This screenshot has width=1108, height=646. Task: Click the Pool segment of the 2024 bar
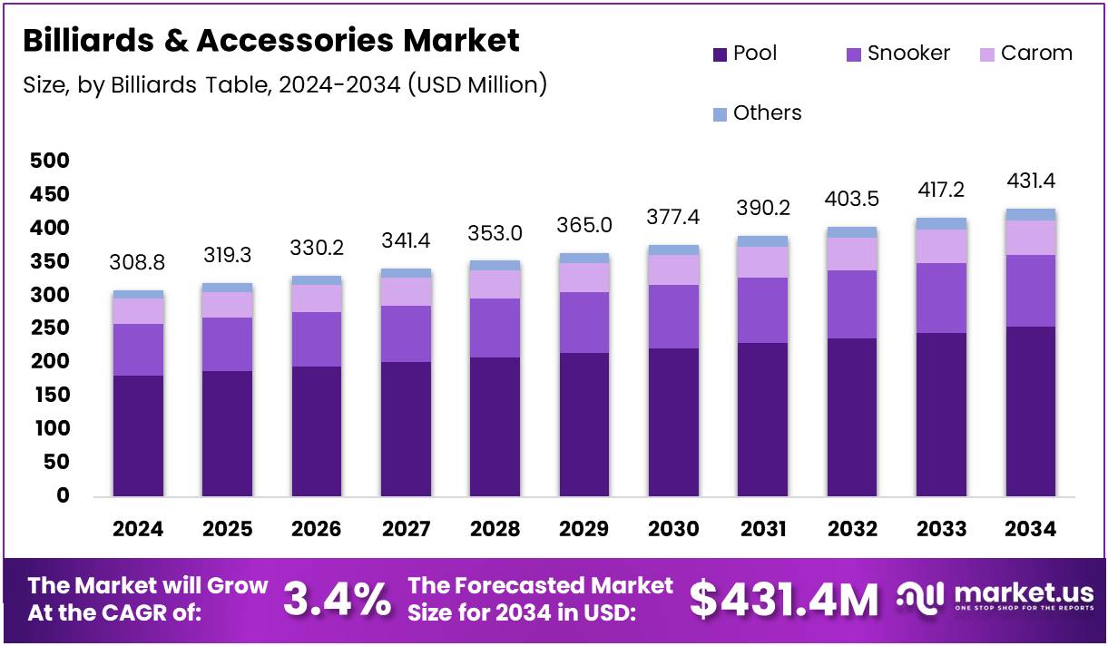138,436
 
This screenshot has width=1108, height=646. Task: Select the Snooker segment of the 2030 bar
674,317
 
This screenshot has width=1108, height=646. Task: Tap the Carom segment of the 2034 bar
1031,238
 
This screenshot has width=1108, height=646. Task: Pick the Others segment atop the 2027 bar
406,273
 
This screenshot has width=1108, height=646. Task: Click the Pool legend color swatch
720,54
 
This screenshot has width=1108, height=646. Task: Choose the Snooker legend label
908,54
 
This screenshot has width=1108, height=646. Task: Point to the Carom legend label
1036,54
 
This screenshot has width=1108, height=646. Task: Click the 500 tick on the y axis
50,161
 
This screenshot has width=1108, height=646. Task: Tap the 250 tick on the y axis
50,328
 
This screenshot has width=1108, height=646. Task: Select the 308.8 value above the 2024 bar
138,263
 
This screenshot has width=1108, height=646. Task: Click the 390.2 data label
763,208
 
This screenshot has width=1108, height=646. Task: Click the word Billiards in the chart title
77,41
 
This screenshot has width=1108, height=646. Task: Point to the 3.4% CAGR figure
338,599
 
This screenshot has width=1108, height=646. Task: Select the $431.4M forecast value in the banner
784,599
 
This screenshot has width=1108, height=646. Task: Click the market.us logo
995,598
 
